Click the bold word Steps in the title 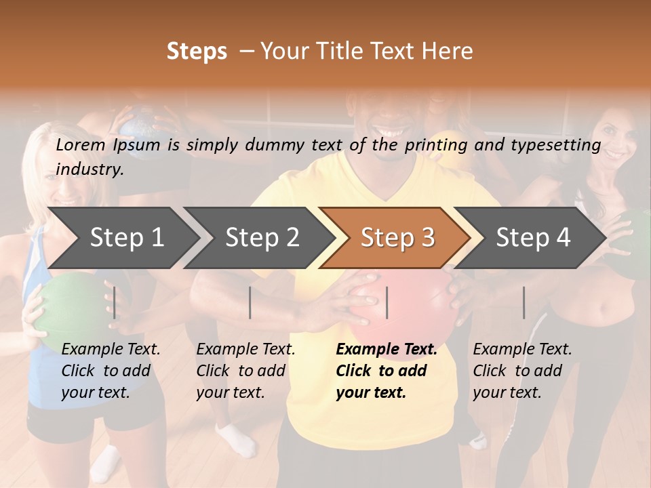[x=197, y=52]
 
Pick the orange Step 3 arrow [x=397, y=237]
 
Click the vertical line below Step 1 [x=115, y=302]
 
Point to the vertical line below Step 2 [x=250, y=302]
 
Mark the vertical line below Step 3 [x=387, y=302]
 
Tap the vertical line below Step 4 [x=524, y=302]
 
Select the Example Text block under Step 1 [x=111, y=371]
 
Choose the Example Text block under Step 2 [x=245, y=371]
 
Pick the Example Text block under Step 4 [x=522, y=371]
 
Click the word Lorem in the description [x=81, y=144]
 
